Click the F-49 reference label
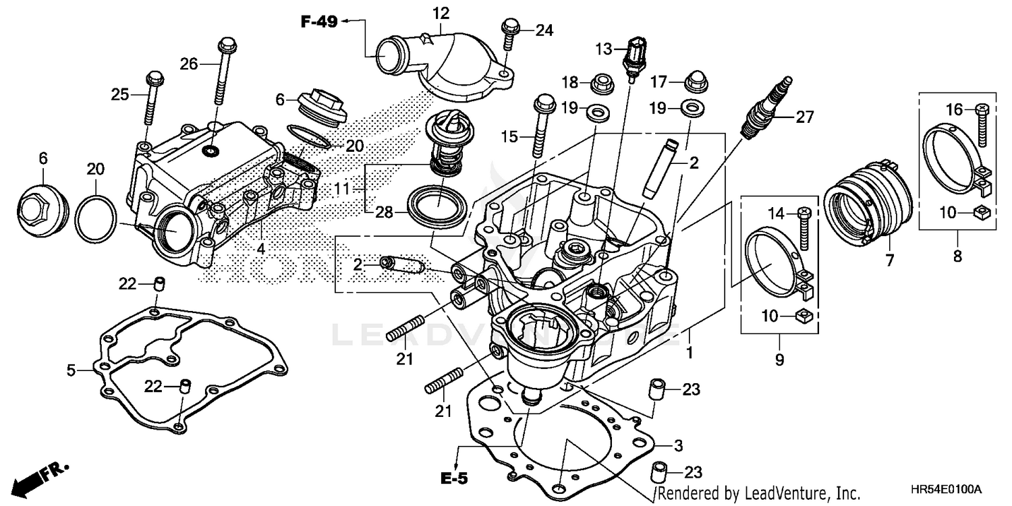318,22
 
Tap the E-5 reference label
455,479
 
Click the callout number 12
441,13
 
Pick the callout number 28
383,212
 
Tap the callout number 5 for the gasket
71,369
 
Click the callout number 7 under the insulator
889,259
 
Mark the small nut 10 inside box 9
802,314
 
